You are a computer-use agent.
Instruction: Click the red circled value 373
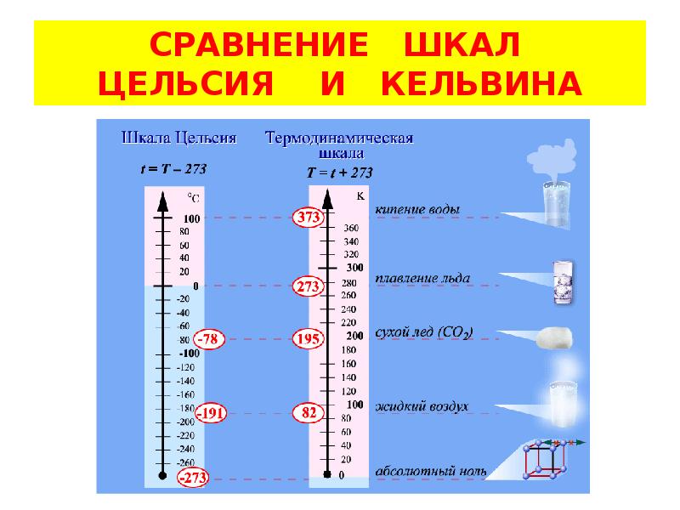coord(309,217)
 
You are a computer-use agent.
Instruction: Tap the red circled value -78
coord(208,338)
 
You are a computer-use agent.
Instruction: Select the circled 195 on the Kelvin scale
coord(309,338)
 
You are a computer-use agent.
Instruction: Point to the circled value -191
coord(211,413)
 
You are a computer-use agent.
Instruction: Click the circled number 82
coord(309,412)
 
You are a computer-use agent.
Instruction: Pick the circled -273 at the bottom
coord(193,478)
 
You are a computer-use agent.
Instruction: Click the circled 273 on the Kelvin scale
coord(309,286)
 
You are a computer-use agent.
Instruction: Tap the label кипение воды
coord(417,210)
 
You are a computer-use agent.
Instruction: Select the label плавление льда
coord(422,278)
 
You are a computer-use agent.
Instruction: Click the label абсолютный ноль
coord(431,472)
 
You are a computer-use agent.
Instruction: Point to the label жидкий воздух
coord(422,407)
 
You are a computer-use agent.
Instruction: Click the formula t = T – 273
coord(174,168)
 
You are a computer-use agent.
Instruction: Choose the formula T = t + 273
coord(339,173)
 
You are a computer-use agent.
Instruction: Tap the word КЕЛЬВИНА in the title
coord(481,83)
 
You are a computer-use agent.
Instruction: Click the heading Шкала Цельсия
coord(179,139)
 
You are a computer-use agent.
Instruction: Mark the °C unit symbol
coord(194,198)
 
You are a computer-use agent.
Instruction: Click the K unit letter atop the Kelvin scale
coord(360,196)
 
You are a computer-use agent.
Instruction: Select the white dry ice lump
coord(554,337)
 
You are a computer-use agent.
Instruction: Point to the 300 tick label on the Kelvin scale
coord(354,268)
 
